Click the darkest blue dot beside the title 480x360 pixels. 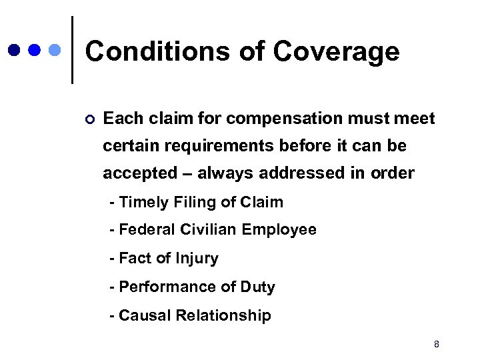tap(14, 50)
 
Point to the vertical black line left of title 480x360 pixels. tap(72, 50)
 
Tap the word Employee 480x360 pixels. tap(279, 231)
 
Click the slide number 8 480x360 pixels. tap(436, 344)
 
